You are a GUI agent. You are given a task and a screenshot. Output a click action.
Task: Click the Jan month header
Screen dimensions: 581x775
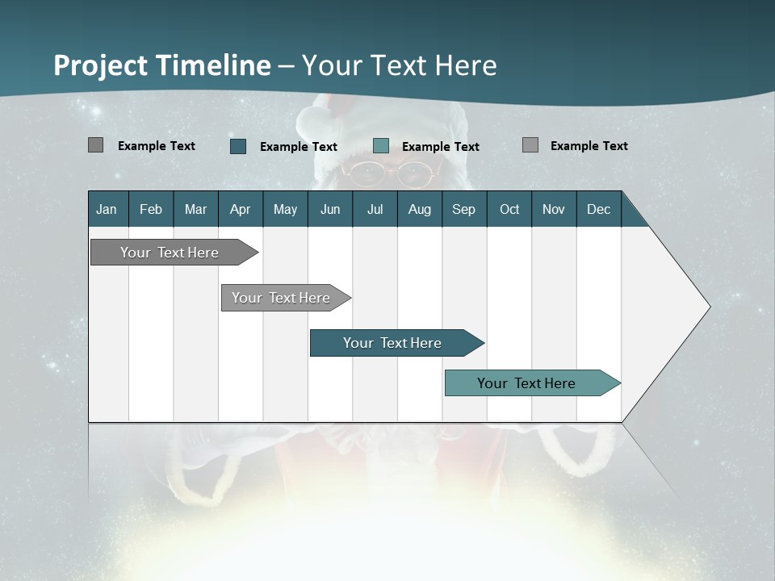[107, 209]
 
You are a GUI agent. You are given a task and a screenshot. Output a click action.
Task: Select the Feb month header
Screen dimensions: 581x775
[151, 209]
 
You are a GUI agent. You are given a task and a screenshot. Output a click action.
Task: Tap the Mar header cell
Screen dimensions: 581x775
[195, 209]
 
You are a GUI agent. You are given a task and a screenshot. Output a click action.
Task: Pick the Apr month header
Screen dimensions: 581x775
[241, 209]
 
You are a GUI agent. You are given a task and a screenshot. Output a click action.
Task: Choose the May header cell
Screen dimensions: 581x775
[285, 209]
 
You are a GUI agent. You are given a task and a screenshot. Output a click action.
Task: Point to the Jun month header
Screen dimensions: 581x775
[330, 209]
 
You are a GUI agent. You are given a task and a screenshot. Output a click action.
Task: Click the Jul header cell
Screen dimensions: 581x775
[375, 209]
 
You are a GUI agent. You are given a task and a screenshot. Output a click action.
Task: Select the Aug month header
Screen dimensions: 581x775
[420, 209]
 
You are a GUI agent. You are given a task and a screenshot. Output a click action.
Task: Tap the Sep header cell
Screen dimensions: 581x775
[464, 209]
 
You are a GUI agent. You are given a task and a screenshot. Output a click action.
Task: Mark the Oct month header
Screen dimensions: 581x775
[509, 209]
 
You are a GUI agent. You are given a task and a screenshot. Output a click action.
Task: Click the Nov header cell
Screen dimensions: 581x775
[554, 209]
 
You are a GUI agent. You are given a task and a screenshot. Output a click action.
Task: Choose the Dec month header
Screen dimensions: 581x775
[599, 209]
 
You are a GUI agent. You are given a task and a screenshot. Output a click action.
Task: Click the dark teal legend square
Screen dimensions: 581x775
[238, 146]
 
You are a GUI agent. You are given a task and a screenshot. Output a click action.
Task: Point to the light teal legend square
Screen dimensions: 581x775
[381, 146]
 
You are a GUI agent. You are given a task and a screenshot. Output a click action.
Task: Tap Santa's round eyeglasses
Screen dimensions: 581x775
[392, 173]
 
